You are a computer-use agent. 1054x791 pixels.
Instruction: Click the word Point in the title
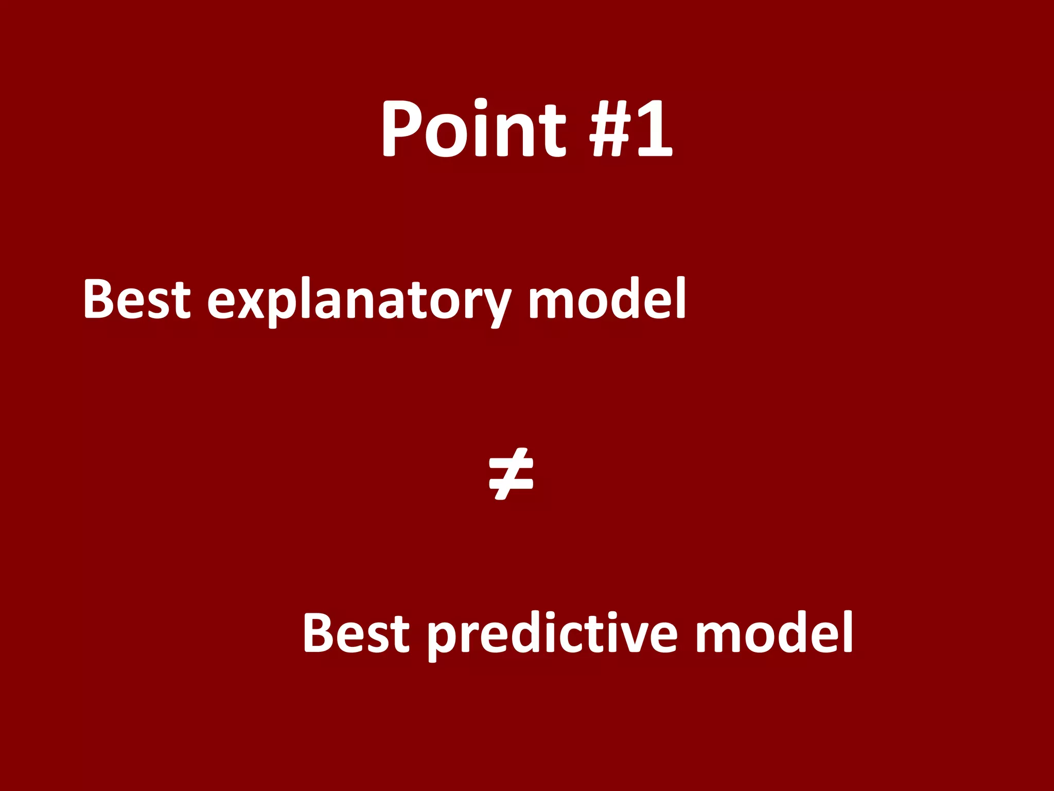(473, 129)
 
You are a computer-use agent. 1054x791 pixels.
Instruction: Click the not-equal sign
(511, 474)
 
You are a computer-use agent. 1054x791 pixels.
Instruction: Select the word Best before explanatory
(137, 299)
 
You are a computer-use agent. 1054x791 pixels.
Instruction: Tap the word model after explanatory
(607, 299)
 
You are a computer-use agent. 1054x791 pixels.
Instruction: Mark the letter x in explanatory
(253, 304)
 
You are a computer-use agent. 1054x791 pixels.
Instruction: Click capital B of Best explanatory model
(100, 299)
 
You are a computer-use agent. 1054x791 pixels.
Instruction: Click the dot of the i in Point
(481, 103)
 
